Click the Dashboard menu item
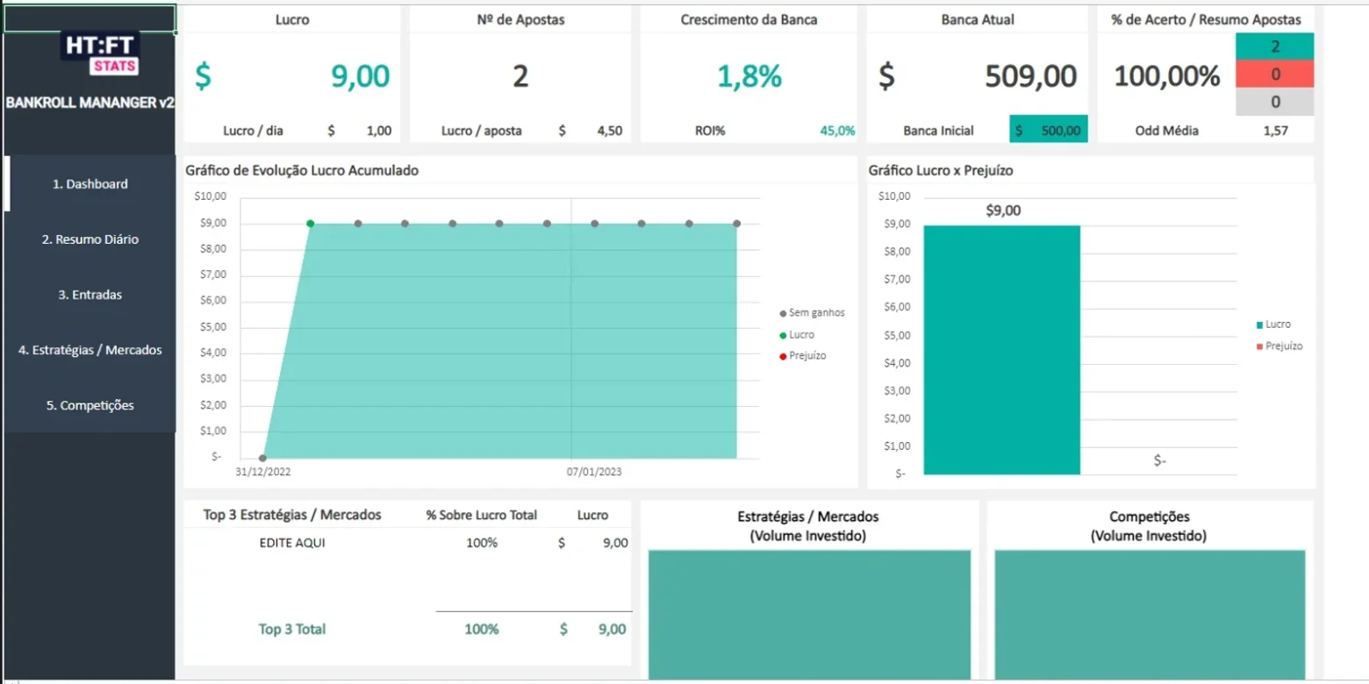pos(90,184)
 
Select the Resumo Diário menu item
pos(90,239)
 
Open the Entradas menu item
pos(90,295)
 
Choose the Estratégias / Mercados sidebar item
pos(90,350)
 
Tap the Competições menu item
pos(90,405)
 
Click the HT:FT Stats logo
pos(100,53)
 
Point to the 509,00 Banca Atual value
pos(1030,76)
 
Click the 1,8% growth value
pos(749,76)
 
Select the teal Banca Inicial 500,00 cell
pos(1048,130)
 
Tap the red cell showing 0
pos(1275,74)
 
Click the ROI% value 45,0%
pos(837,131)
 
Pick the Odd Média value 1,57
pos(1275,131)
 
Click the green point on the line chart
pos(311,224)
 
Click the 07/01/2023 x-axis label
pos(594,472)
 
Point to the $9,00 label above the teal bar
pos(1003,210)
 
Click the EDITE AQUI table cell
pos(292,543)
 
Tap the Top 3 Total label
pos(292,629)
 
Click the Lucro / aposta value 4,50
pos(609,131)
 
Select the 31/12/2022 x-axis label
pos(263,472)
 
